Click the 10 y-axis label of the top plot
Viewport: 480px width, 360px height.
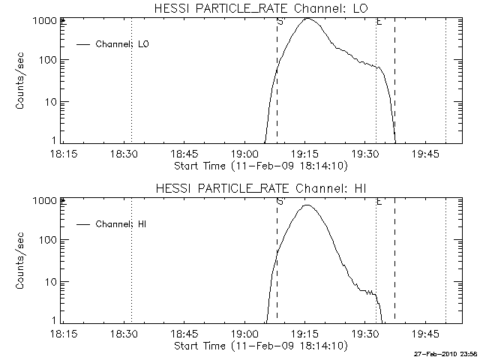coord(51,101)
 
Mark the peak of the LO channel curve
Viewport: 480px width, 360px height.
coord(307,19)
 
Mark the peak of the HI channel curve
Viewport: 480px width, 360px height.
coord(305,205)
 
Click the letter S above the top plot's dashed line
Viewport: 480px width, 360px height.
coord(280,22)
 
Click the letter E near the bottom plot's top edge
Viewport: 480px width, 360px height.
coord(379,202)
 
